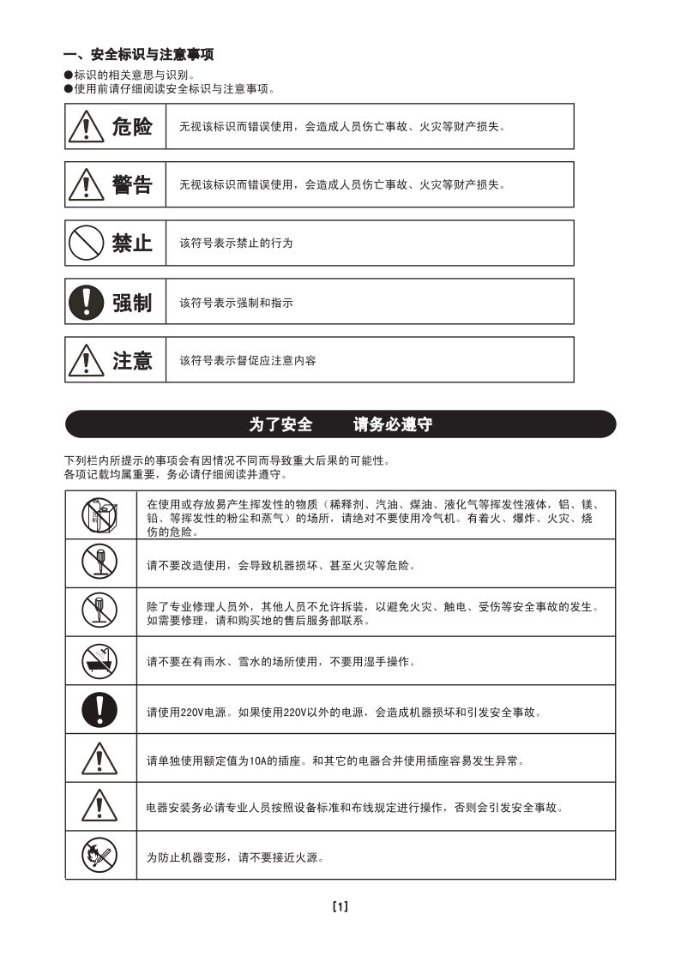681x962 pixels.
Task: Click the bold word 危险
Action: tap(132, 127)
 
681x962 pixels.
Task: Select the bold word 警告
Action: tap(132, 184)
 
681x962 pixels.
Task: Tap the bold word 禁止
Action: tap(132, 243)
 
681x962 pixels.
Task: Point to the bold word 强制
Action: tap(132, 302)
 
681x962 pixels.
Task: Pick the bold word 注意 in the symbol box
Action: tap(132, 360)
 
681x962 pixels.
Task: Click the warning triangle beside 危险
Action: tap(87, 128)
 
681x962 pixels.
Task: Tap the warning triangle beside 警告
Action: tap(87, 185)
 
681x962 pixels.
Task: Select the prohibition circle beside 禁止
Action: tap(87, 243)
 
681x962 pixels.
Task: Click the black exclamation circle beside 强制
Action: tap(87, 302)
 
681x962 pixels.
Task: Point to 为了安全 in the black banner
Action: tap(280, 424)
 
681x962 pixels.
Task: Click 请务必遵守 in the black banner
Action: tap(393, 424)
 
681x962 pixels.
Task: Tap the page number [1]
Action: tap(340, 906)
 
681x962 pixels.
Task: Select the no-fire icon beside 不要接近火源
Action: tap(99, 855)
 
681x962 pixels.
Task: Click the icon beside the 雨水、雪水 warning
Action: tap(99, 660)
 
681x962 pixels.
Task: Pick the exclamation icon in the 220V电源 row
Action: tap(99, 709)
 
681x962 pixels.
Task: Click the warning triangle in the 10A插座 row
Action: tap(99, 759)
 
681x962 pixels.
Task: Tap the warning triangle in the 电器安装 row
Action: tap(99, 807)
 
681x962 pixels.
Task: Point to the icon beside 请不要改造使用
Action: tap(99, 563)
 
